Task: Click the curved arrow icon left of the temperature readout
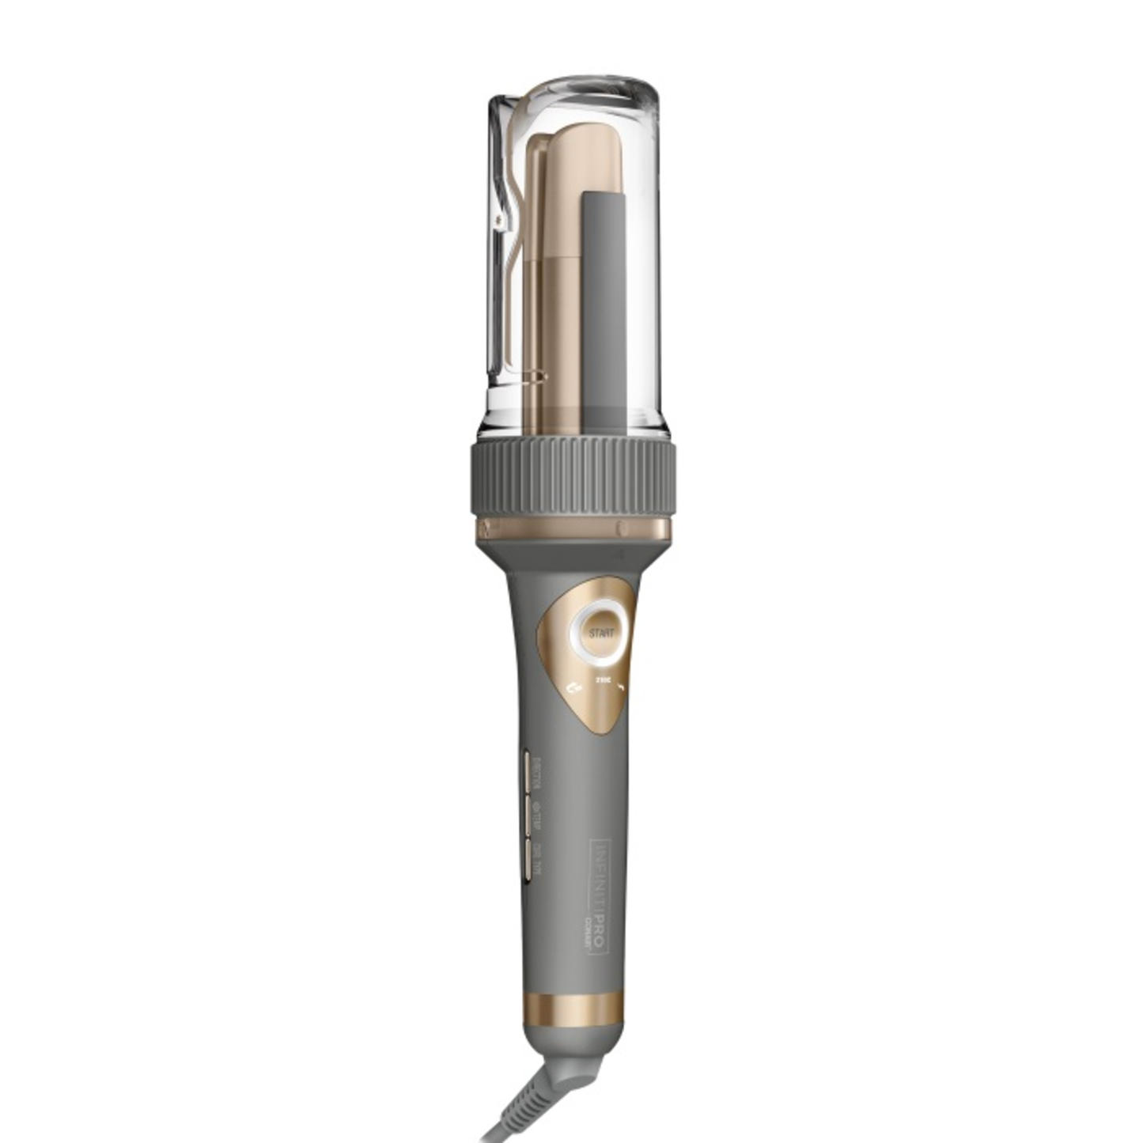pos(573,687)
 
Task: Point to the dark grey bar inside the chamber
pos(604,308)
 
